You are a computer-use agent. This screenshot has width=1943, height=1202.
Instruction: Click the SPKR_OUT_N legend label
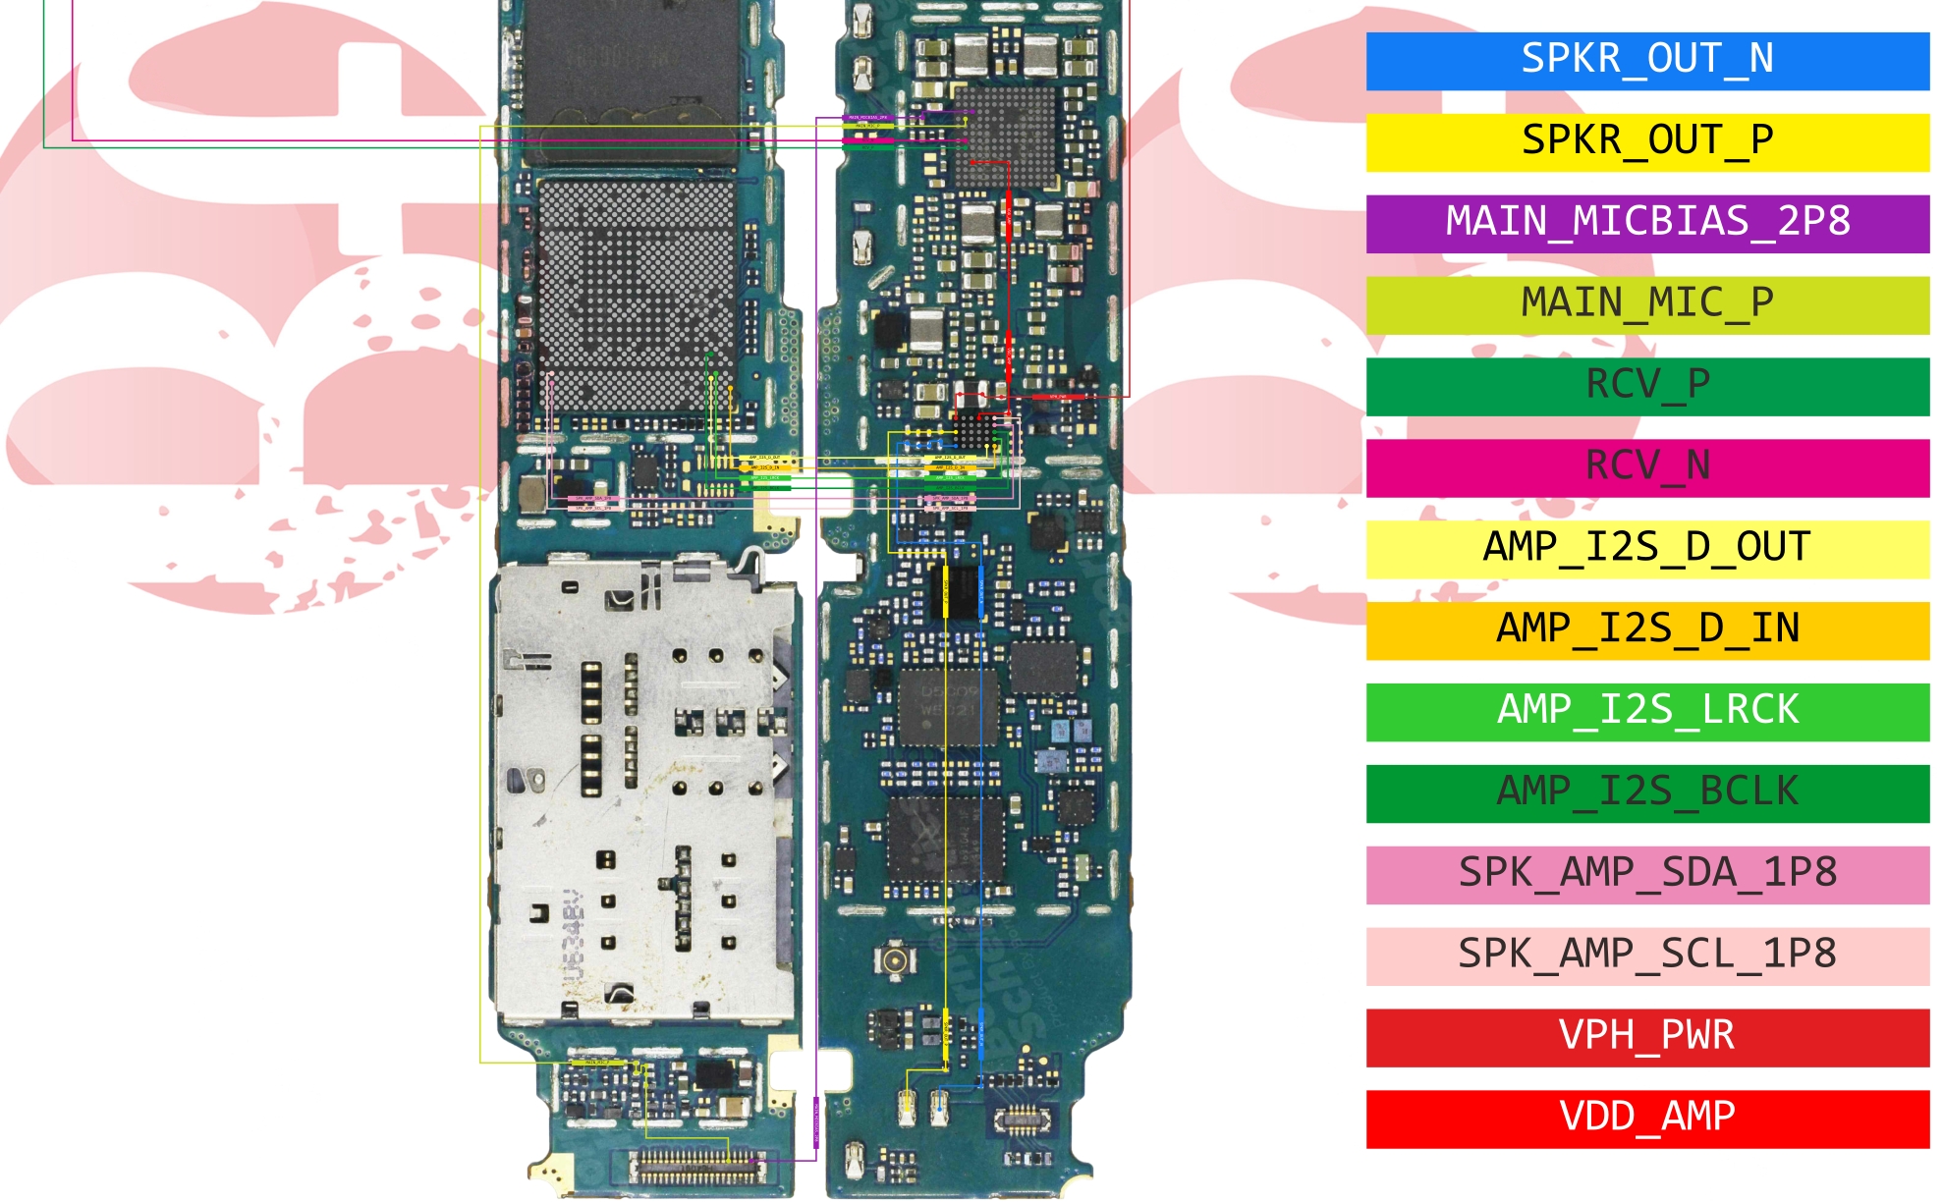click(x=1646, y=60)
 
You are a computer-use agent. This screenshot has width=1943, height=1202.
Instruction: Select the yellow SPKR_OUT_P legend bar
click(x=1646, y=141)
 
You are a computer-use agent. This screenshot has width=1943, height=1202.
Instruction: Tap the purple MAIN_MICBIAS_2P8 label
click(x=1646, y=223)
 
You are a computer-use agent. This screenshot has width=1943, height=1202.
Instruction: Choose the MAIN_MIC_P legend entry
click(x=1646, y=304)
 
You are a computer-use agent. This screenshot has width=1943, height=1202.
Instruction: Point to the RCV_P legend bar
click(x=1646, y=386)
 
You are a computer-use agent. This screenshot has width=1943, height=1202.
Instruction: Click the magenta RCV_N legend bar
click(x=1646, y=467)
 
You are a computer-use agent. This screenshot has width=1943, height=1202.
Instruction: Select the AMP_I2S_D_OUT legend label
click(x=1646, y=548)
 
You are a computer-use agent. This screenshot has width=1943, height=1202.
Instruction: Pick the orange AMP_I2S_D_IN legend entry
click(x=1646, y=629)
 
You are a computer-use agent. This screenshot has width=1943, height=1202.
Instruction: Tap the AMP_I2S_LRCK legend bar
click(x=1646, y=711)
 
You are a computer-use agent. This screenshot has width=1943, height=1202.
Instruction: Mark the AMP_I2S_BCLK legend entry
click(x=1646, y=792)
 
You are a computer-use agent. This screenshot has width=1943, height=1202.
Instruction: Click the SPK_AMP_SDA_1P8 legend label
click(x=1646, y=874)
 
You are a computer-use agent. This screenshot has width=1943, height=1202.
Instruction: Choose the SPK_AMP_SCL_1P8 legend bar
click(x=1646, y=956)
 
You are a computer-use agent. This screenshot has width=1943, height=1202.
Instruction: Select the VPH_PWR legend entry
click(x=1646, y=1037)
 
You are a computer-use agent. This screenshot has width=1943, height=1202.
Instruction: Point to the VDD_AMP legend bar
click(x=1646, y=1119)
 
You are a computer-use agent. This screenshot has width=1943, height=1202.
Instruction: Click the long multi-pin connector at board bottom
click(x=697, y=1168)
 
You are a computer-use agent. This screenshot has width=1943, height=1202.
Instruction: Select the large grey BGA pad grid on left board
click(x=637, y=295)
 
